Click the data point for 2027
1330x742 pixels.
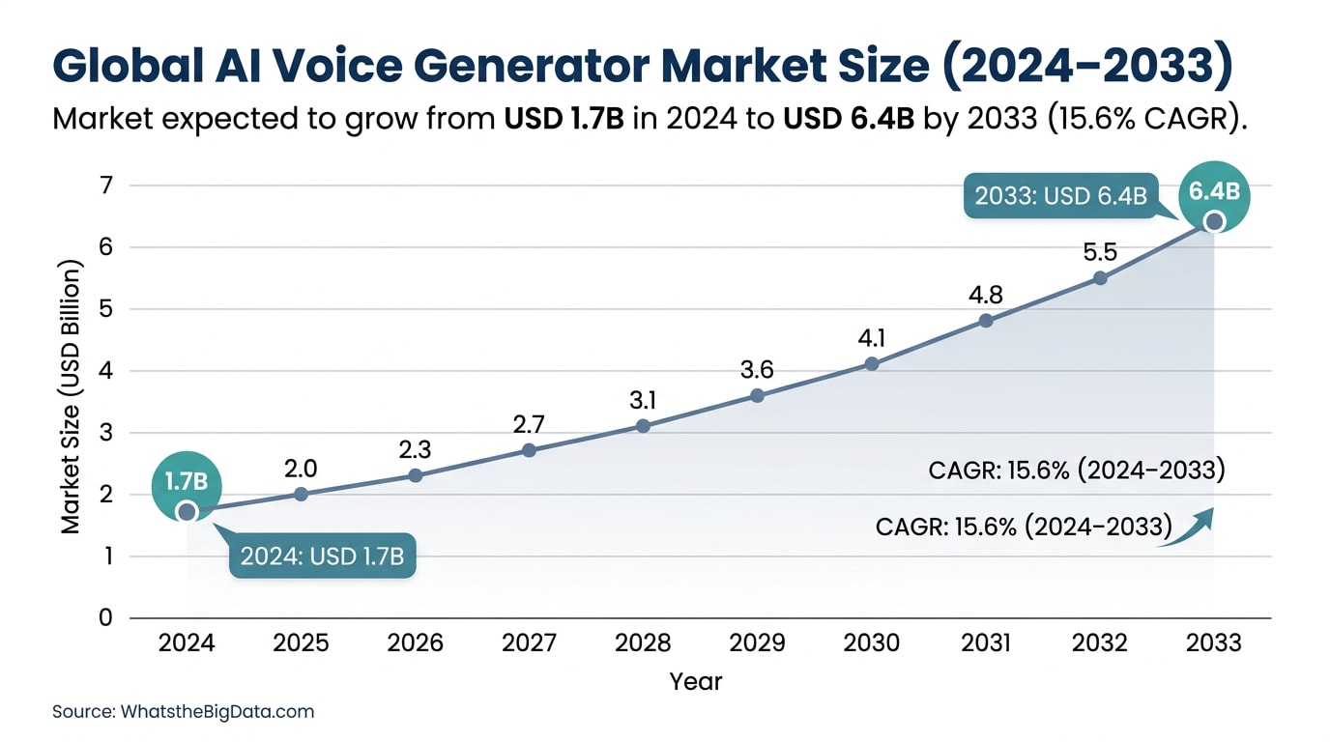tap(529, 450)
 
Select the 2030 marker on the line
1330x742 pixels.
tap(872, 364)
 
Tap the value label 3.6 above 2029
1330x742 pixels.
tap(757, 369)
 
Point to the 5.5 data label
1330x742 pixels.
tap(1100, 252)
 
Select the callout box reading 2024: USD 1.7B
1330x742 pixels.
tap(322, 556)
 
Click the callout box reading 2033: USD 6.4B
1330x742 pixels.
tap(1060, 196)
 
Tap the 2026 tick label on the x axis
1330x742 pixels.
tap(415, 643)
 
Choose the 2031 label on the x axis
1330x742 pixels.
tap(986, 643)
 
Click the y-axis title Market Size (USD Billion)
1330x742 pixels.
tap(71, 397)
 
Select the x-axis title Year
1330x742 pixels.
tap(696, 681)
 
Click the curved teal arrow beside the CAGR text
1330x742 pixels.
tap(1188, 529)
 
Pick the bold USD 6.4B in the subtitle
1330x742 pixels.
tap(851, 120)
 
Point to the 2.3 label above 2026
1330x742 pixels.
tap(415, 448)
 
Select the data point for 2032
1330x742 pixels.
tap(1100, 278)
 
